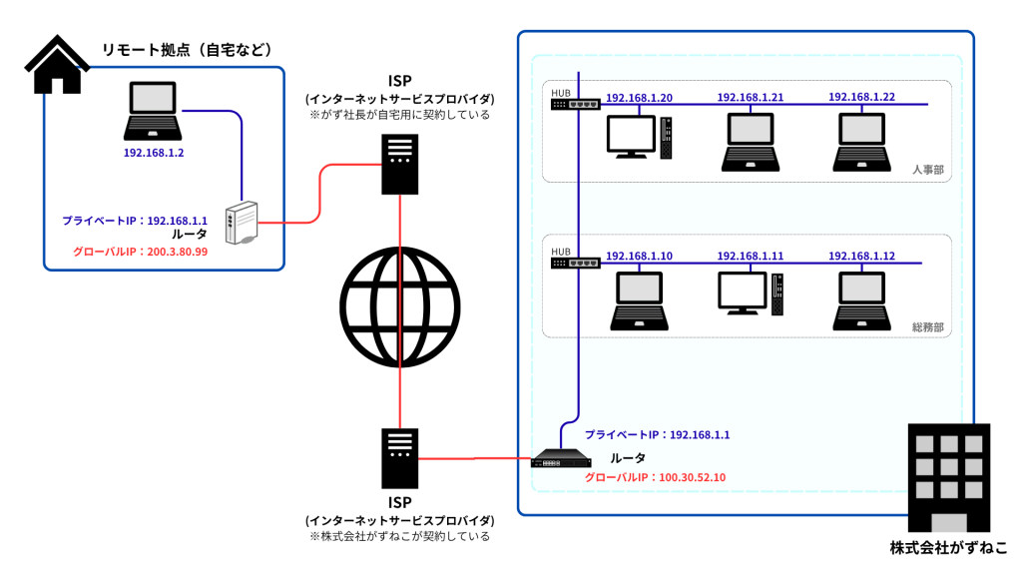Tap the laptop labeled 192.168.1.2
click(x=153, y=113)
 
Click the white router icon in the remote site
click(x=243, y=223)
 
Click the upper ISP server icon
click(x=399, y=164)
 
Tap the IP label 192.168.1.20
click(x=639, y=98)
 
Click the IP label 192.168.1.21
click(x=751, y=98)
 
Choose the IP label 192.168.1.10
click(x=639, y=257)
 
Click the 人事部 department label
click(x=927, y=171)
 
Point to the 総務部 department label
click(x=927, y=327)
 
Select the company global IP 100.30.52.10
click(x=655, y=477)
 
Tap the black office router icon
click(x=561, y=459)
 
